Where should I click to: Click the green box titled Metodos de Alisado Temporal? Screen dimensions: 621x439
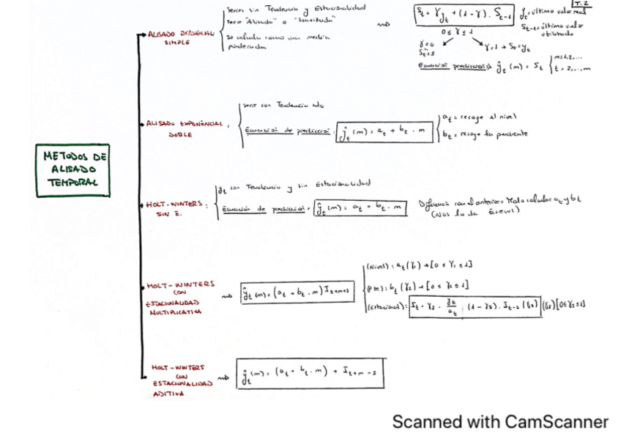[72, 169]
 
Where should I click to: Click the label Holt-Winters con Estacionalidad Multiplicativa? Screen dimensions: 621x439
[176, 297]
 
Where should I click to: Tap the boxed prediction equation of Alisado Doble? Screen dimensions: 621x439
[383, 133]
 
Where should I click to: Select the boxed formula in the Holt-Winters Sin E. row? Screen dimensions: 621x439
[360, 209]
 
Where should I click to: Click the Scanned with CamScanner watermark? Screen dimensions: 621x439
[500, 421]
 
